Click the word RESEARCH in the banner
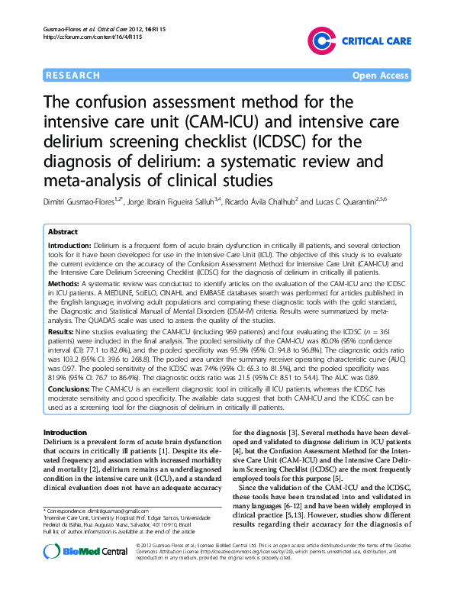pyautogui.click(x=73, y=76)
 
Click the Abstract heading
pyautogui.click(x=63, y=230)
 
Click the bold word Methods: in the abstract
pyautogui.click(x=64, y=282)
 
